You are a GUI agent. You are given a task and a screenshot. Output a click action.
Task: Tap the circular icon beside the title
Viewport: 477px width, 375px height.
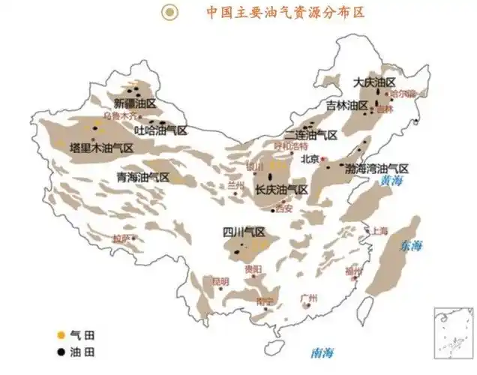tap(171, 12)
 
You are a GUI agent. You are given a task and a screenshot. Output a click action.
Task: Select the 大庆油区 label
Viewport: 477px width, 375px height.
tap(374, 81)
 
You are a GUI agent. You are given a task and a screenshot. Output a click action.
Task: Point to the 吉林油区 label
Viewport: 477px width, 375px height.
tap(346, 105)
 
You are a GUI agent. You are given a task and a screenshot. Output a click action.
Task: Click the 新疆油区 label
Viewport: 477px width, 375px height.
tap(134, 103)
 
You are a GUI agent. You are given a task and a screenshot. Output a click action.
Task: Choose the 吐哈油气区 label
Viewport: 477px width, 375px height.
tap(160, 130)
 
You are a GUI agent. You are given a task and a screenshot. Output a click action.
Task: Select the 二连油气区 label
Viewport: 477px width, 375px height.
tap(311, 135)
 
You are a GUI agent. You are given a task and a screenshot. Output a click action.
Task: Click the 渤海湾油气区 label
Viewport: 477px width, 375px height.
tap(376, 168)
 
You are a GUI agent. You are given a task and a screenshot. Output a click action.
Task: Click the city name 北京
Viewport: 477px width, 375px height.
tap(310, 158)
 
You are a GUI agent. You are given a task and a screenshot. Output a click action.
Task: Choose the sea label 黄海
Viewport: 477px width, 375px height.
tap(391, 181)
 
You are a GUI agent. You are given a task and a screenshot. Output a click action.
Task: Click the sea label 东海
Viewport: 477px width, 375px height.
tap(411, 245)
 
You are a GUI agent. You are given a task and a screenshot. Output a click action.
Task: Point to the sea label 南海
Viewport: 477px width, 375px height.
tap(323, 352)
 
